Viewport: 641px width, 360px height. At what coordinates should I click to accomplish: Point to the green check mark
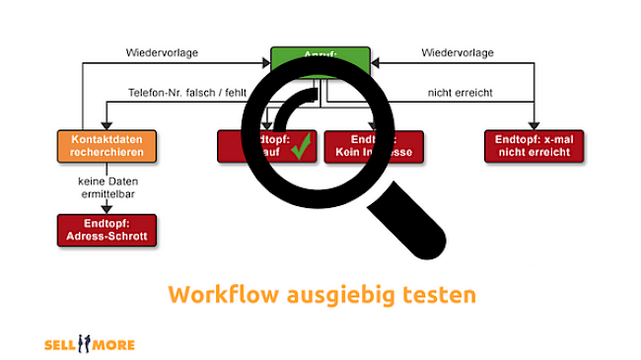[302, 148]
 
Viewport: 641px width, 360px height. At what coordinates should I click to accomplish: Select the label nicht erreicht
[459, 93]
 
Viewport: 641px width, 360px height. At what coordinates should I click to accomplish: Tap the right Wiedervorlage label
[458, 52]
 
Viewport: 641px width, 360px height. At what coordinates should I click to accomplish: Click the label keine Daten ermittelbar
[107, 188]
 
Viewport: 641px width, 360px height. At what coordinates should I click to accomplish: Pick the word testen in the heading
[441, 294]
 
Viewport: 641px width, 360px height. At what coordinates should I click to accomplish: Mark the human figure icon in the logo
[86, 344]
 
